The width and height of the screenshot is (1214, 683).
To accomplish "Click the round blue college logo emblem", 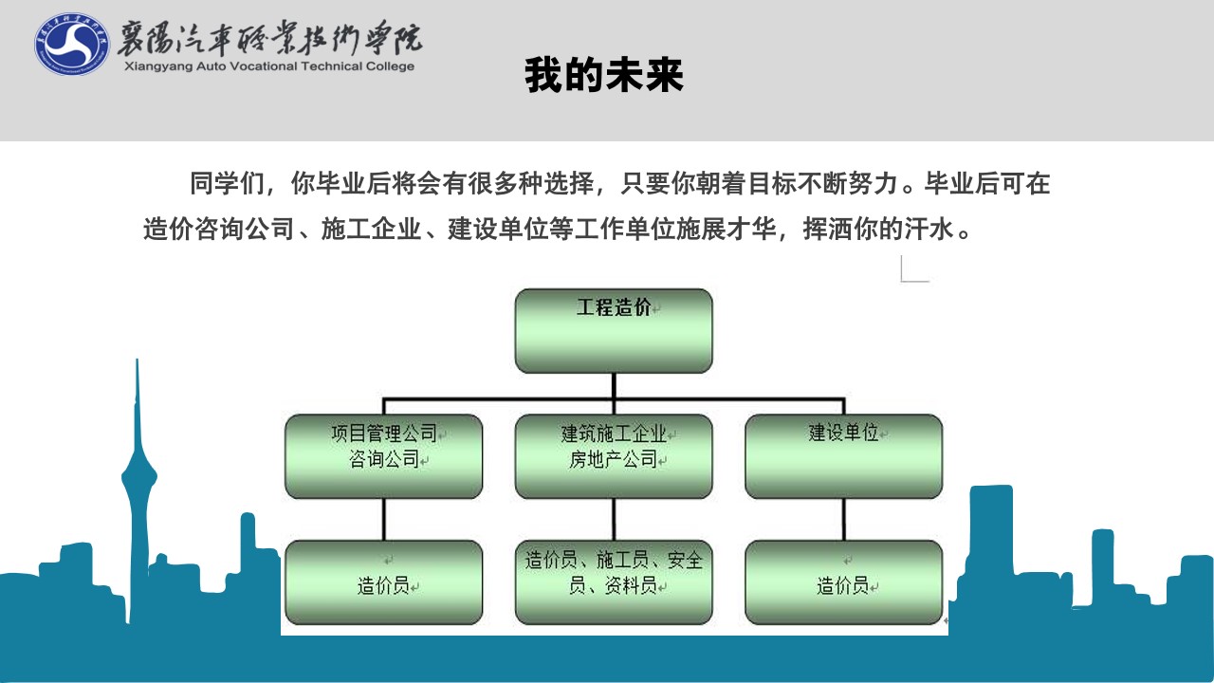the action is point(72,45).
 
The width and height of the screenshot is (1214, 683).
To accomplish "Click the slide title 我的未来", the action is point(604,75).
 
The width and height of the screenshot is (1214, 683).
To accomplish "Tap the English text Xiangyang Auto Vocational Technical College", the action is point(269,66).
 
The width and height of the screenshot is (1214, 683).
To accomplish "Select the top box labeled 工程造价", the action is point(614,331).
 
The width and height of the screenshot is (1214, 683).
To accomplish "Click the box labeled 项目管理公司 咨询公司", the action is point(384,456).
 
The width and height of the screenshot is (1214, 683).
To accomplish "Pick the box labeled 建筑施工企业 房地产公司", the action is point(614,456).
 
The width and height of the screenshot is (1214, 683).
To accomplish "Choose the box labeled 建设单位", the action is point(844,456).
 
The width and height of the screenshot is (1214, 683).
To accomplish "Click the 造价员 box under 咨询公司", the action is point(384,582).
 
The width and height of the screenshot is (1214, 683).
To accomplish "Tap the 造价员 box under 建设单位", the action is point(844,582).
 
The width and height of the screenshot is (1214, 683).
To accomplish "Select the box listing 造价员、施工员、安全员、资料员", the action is point(614,582).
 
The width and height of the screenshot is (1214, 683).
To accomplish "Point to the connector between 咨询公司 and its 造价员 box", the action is point(384,519).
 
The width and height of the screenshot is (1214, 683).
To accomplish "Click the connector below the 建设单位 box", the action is point(844,519).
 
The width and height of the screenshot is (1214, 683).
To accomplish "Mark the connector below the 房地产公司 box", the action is point(614,519).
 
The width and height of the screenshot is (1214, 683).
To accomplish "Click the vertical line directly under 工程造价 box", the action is point(614,386).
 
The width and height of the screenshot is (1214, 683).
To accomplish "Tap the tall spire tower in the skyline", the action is point(138,488).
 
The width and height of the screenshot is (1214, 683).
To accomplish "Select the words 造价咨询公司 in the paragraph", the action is point(219,229).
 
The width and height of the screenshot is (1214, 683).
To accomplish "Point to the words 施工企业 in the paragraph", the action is point(371,229).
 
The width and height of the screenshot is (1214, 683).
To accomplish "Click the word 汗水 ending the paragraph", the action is point(929,229).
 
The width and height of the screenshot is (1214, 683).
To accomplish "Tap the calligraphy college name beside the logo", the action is point(270,38).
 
